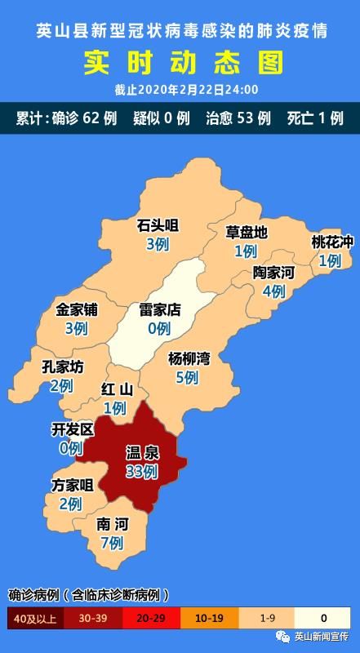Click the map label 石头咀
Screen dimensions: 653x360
(x=158, y=225)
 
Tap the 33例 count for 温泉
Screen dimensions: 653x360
(x=142, y=471)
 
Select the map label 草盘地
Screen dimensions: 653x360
(x=247, y=232)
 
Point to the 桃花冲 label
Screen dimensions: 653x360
(x=332, y=242)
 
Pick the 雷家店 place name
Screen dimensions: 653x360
(x=159, y=310)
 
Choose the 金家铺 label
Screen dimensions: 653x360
(x=77, y=310)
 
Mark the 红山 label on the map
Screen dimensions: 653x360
(x=117, y=389)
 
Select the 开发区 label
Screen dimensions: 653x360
(x=73, y=429)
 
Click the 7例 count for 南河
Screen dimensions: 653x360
(x=110, y=542)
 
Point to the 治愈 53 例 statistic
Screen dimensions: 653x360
(x=238, y=118)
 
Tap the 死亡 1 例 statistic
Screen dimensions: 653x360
(x=314, y=118)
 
